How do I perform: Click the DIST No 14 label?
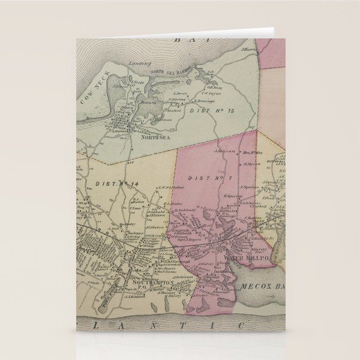click(108, 184)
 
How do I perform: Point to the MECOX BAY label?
click(262, 287)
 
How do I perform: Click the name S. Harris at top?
click(249, 49)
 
